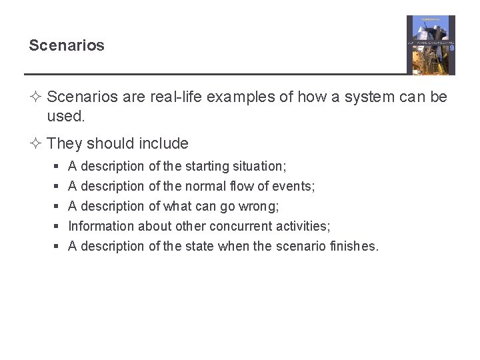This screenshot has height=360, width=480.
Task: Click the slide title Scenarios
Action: pos(67,45)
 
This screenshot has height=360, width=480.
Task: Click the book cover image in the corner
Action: pos(431,45)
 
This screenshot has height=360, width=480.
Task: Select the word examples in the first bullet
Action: pos(241,97)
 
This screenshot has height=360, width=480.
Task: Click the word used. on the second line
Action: pos(66,117)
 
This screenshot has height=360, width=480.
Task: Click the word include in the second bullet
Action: pos(164,143)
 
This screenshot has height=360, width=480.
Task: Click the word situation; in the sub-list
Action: pos(261,166)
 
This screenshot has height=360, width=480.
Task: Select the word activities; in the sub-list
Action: pos(303,226)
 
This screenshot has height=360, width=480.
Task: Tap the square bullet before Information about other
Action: pos(57,227)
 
